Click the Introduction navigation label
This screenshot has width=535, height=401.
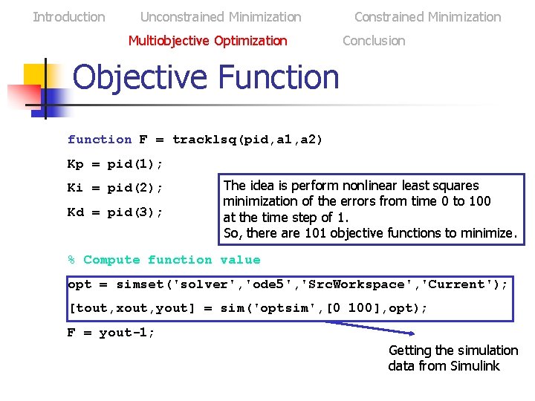(x=69, y=16)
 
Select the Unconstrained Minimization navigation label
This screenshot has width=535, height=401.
(x=221, y=16)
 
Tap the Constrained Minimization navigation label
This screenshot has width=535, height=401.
(x=427, y=16)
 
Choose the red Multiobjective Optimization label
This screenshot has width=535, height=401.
(x=207, y=40)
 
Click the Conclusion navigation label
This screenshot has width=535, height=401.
(x=374, y=40)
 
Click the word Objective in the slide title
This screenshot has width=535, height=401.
(x=140, y=77)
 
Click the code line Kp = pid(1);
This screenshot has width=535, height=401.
(x=115, y=163)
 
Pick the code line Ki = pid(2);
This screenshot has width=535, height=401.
(x=115, y=188)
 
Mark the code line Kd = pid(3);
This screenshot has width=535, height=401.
(x=115, y=212)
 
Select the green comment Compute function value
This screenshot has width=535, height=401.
(x=172, y=259)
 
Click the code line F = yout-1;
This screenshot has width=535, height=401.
(x=111, y=332)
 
